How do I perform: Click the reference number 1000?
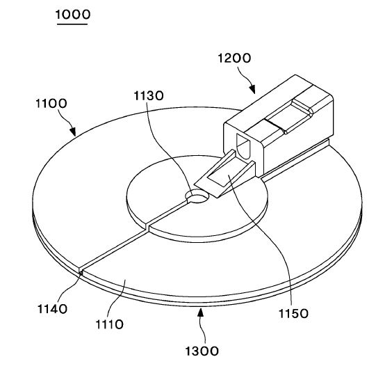[73, 15]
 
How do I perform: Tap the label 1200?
[234, 58]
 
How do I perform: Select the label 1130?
[149, 95]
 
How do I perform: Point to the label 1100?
[51, 103]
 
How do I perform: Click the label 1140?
[52, 309]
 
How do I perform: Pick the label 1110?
[109, 324]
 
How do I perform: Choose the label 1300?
[202, 351]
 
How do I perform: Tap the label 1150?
[293, 314]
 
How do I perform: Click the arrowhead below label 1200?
[252, 89]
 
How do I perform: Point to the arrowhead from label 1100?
[73, 132]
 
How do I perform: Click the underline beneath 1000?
[72, 24]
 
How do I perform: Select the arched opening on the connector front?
[243, 145]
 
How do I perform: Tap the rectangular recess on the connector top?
[289, 116]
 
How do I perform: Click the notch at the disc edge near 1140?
[81, 271]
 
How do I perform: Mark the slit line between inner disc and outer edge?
[114, 250]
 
